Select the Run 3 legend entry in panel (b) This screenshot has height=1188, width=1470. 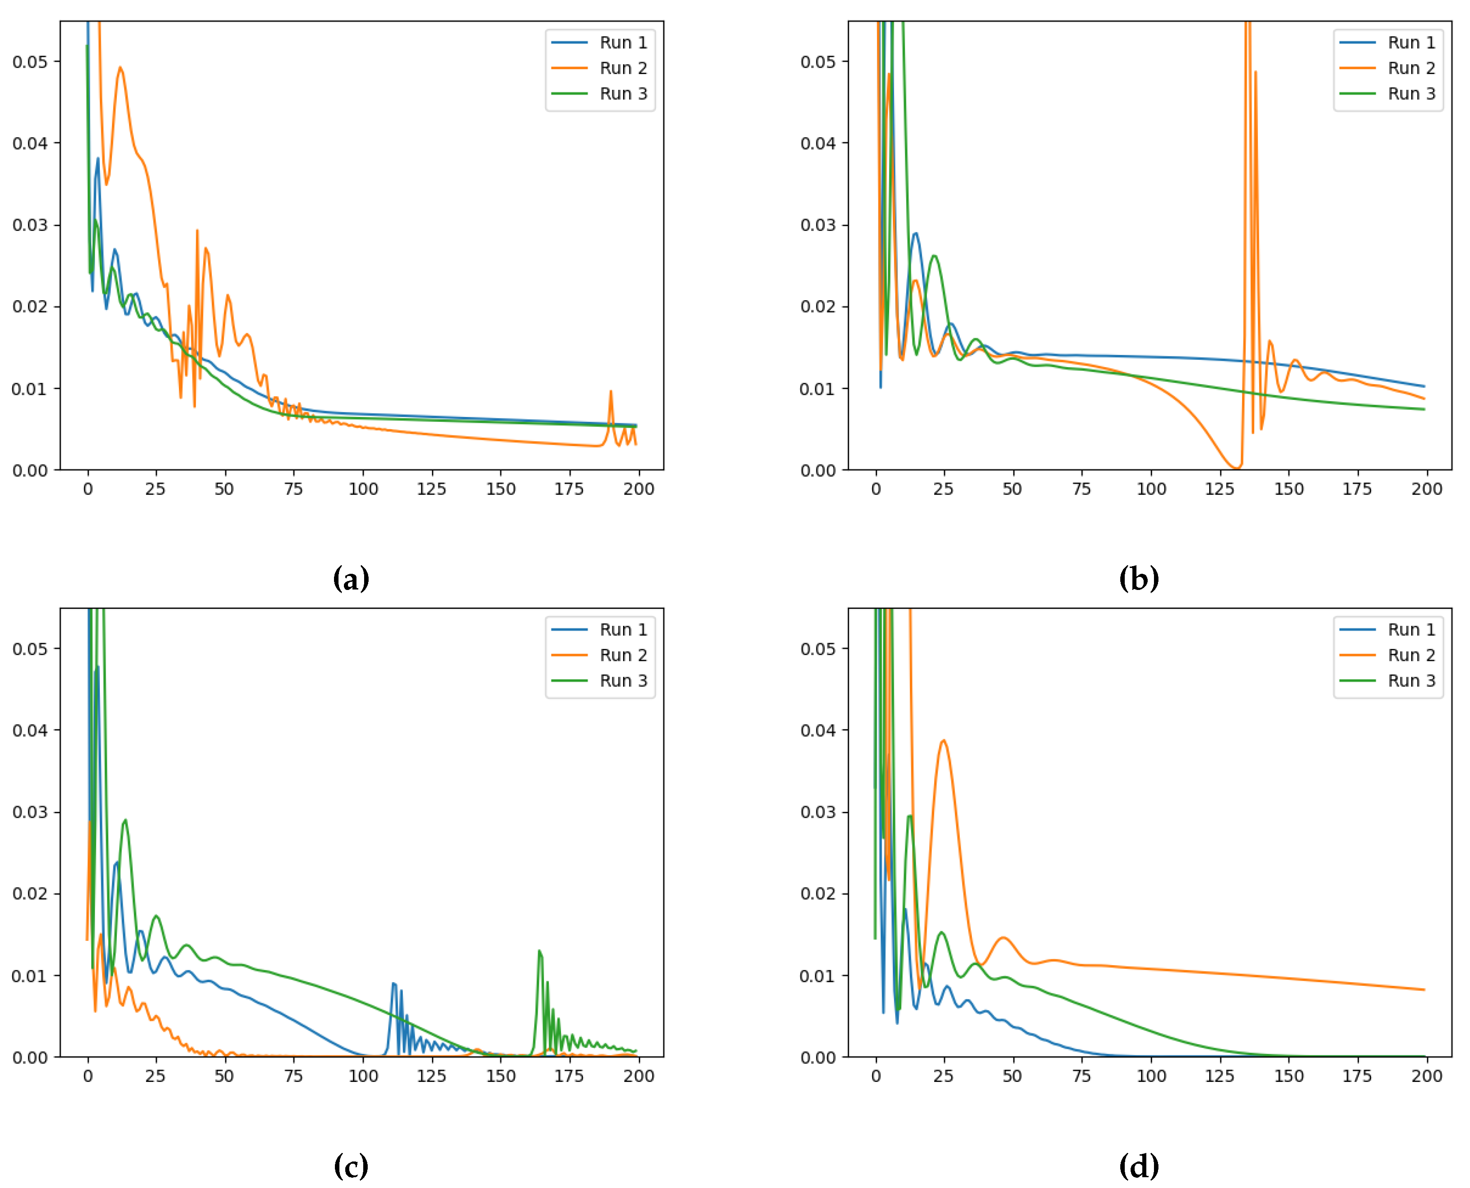1410,94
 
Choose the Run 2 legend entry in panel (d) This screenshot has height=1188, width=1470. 1410,655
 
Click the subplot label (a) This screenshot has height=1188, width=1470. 351,579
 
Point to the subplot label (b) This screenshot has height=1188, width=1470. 1139,579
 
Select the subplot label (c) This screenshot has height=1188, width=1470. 351,1166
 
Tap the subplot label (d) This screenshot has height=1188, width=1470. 1139,1166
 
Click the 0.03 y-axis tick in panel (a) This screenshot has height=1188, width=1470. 30,225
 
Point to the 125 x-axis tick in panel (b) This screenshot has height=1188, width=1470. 1220,488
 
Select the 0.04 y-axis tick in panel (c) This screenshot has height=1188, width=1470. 30,730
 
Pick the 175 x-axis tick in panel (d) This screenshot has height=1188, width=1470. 1357,1076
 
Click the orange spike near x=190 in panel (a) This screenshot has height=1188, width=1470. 611,391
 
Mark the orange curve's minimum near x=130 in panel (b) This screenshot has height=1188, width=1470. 1236,468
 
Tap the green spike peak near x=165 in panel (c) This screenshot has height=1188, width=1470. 539,951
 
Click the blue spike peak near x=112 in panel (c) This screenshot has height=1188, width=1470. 393,984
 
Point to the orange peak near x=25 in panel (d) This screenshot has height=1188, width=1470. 944,740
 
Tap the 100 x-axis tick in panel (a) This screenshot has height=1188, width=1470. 363,488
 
